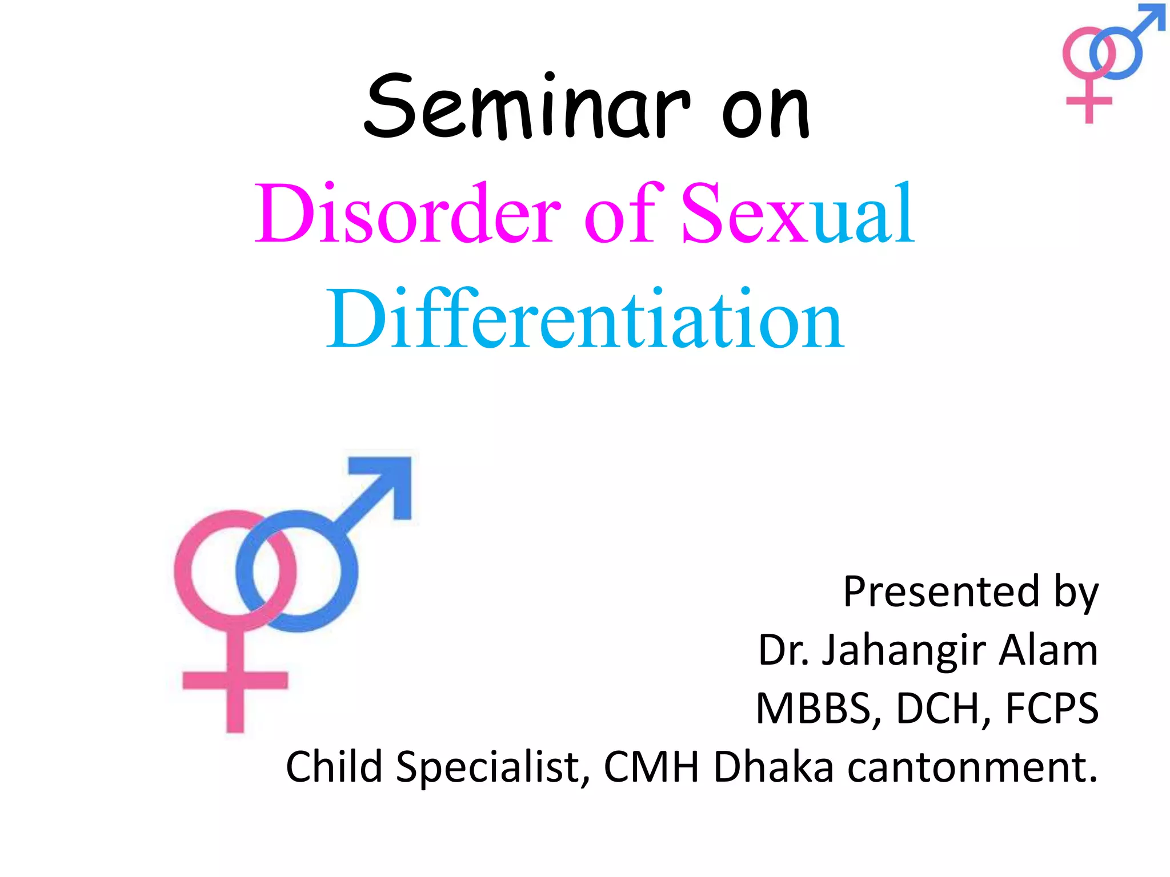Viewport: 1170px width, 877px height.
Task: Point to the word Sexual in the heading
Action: (798, 214)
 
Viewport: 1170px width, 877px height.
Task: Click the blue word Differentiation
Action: (584, 320)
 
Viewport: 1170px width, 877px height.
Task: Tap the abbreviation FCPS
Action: (1052, 709)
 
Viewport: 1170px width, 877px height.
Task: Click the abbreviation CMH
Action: (651, 767)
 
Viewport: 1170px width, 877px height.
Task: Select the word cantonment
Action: (971, 767)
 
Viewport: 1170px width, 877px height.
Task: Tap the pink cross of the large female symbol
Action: (235, 681)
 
